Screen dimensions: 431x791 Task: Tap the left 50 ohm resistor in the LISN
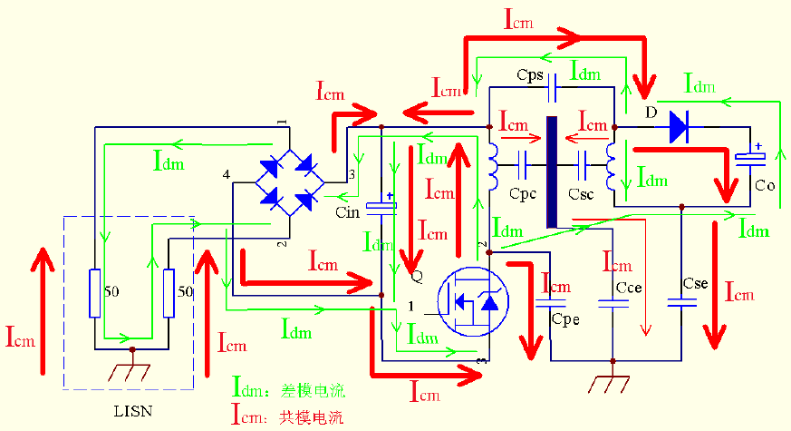(95, 293)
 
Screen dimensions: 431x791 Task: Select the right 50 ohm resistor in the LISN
(169, 293)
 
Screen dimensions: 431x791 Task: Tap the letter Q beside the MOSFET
(416, 275)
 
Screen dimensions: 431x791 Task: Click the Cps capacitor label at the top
(529, 73)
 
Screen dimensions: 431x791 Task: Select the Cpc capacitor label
(524, 194)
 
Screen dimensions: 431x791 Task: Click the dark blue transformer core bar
(551, 172)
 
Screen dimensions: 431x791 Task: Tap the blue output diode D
(679, 128)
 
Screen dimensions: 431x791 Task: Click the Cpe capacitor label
(564, 318)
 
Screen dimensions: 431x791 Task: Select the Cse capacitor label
(696, 284)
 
